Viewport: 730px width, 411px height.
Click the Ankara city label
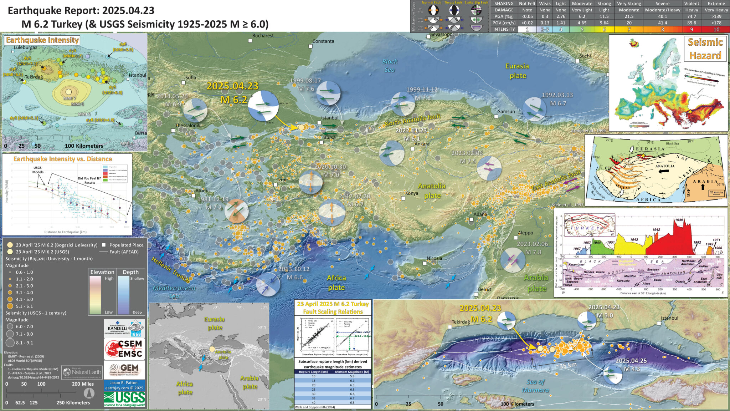422,144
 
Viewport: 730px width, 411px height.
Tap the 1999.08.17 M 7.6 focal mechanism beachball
328,93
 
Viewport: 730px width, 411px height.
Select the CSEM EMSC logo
124,349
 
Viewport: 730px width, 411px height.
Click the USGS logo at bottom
124,399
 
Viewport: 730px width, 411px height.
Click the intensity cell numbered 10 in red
716,29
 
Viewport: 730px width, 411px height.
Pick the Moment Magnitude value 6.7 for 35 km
352,398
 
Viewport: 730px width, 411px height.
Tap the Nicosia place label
434,258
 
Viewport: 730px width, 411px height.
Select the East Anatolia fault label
556,181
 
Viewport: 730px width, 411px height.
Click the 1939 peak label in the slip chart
679,220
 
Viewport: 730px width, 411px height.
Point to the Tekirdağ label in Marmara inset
461,322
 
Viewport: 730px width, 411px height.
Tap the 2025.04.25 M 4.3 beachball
613,375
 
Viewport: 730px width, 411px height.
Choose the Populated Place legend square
104,245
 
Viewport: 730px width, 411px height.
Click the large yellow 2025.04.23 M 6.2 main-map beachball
263,106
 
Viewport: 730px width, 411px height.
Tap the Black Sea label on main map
389,65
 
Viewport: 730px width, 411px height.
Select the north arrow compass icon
89,393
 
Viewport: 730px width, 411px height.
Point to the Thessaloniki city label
188,126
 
